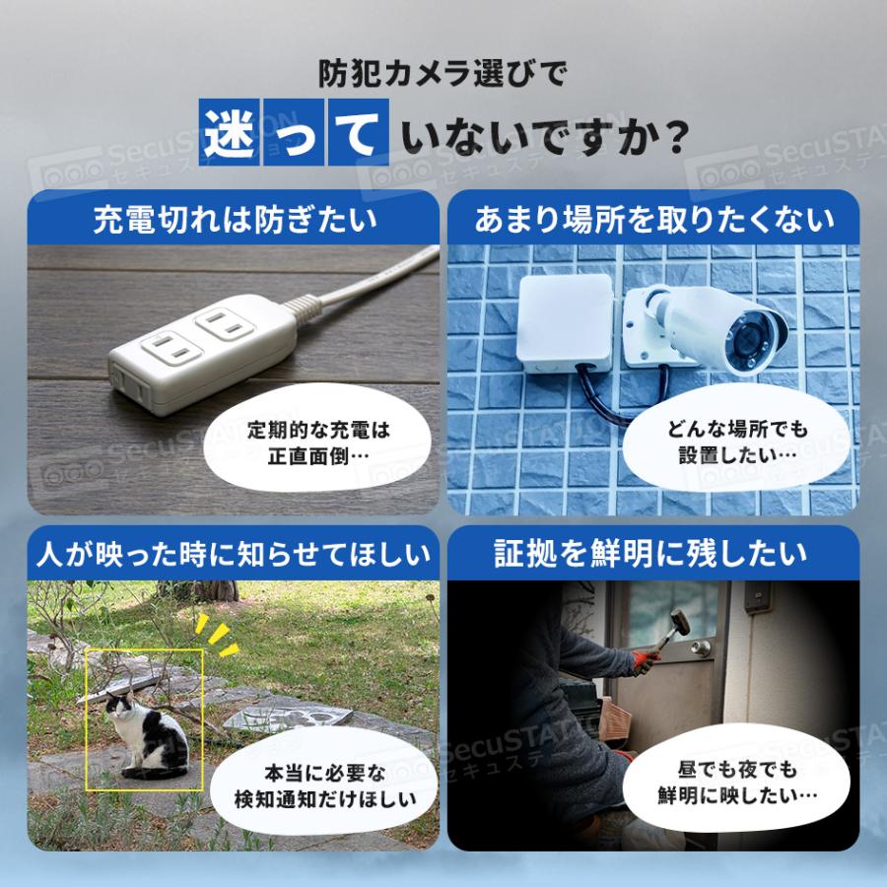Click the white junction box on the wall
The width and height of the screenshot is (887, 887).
(x=567, y=325)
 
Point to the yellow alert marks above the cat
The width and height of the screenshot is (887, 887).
(x=218, y=636)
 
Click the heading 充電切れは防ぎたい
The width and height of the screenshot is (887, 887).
(x=235, y=219)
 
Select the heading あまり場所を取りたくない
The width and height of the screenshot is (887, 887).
(x=653, y=219)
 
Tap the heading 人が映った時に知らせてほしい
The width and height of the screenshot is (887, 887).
(x=235, y=554)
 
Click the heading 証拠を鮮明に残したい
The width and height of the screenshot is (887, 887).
(x=653, y=554)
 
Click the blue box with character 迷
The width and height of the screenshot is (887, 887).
(x=231, y=131)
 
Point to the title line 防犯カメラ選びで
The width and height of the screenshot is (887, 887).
(x=443, y=73)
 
